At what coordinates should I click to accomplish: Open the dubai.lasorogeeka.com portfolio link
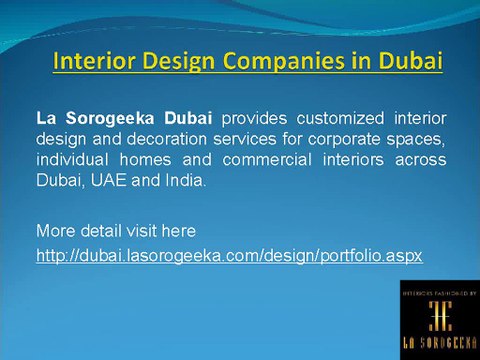229,256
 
